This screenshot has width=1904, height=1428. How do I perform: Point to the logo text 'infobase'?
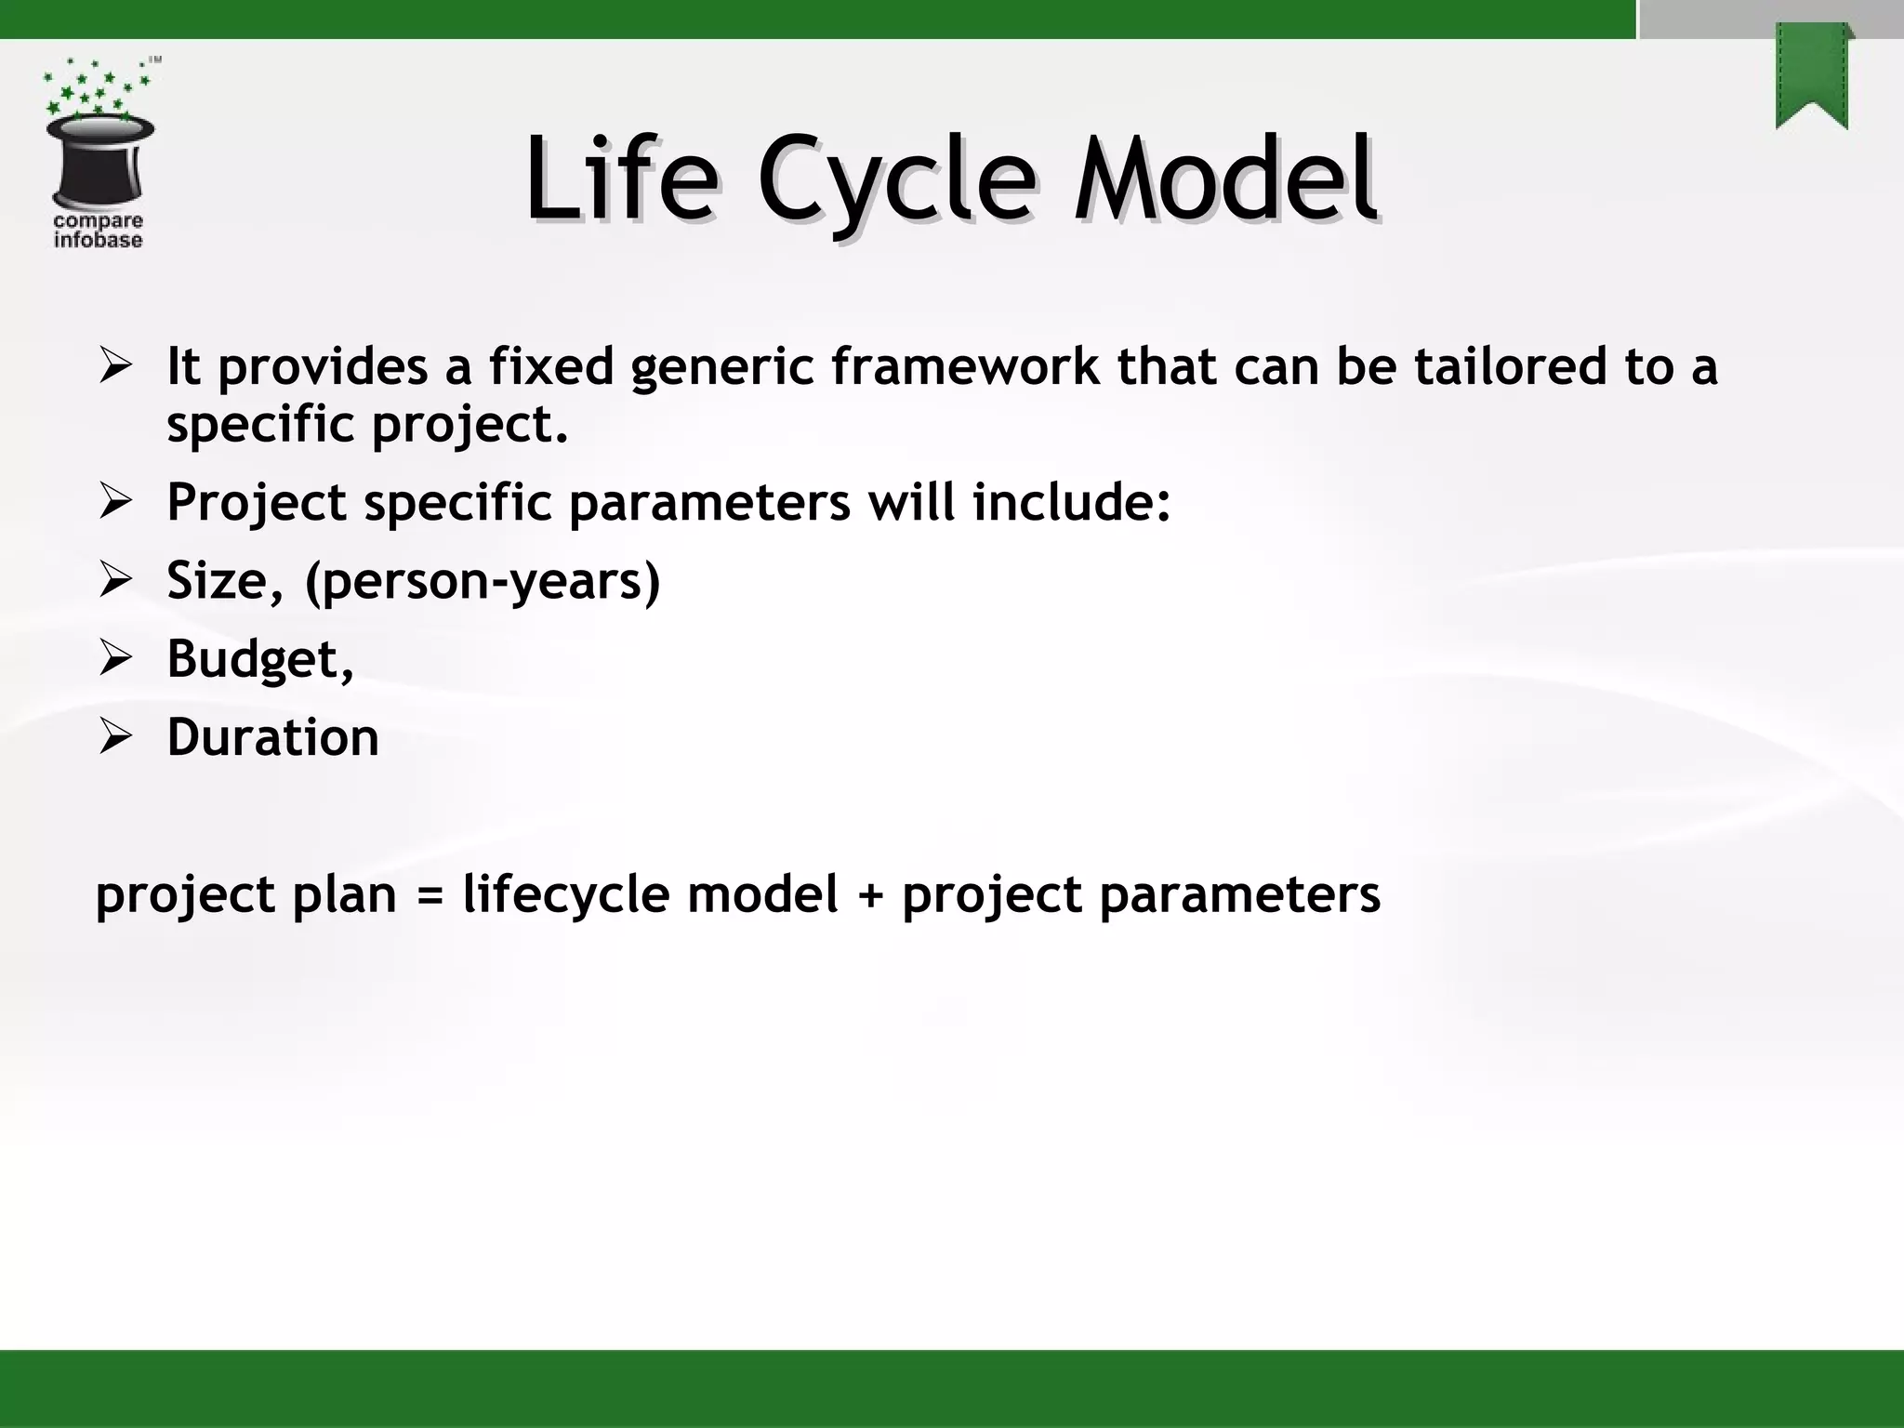98,241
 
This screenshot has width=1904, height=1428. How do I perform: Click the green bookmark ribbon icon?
1812,76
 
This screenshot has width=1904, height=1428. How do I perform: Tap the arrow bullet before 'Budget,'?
116,658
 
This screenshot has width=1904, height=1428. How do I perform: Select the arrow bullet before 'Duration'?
116,737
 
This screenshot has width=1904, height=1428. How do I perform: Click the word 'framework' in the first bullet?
965,365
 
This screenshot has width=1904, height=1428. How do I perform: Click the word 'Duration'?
272,737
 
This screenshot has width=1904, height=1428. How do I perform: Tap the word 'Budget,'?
260,659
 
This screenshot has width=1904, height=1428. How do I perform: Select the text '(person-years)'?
483,581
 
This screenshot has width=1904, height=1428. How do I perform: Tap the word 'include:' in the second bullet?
1071,502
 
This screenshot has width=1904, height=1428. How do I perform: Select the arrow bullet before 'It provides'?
116,365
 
